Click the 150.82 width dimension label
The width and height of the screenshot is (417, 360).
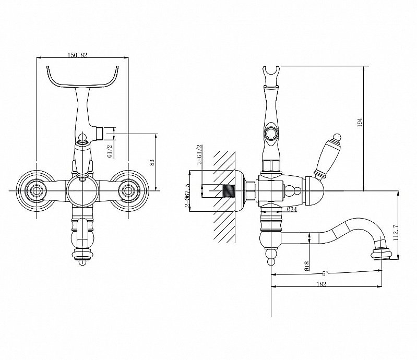78,55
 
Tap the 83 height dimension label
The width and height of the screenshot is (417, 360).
152,162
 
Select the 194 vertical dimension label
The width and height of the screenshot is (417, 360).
360,122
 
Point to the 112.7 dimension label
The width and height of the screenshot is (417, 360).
396,233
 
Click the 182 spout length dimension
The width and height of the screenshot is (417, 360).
321,284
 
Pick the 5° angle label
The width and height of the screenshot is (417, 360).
325,273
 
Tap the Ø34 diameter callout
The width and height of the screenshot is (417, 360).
292,210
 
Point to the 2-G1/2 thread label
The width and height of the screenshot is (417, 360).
199,155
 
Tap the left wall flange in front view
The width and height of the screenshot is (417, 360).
35,190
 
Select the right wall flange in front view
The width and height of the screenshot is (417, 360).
128,190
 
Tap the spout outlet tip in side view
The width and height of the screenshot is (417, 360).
382,254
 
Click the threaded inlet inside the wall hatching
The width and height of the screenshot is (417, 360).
229,191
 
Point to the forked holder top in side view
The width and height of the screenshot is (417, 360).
271,75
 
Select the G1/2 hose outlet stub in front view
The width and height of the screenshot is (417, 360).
100,134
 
